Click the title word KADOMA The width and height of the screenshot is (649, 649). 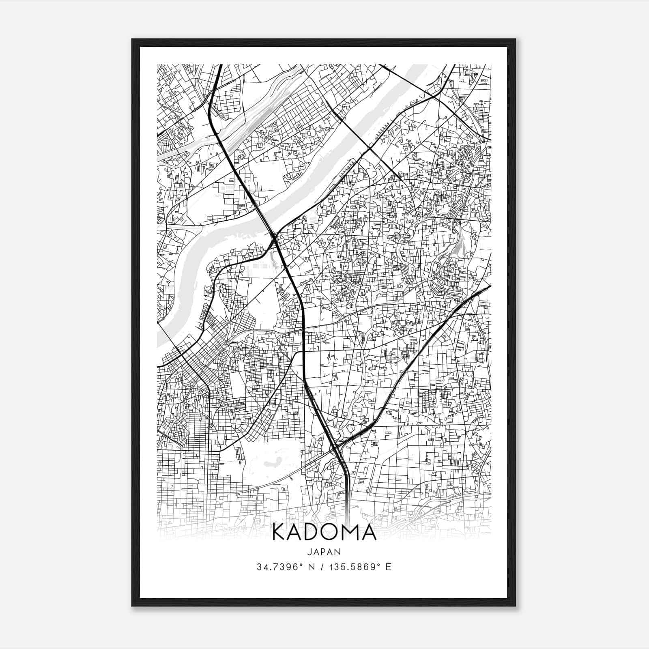click(x=324, y=533)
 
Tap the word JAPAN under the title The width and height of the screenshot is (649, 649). click(x=324, y=552)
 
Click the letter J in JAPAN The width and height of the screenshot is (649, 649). click(x=309, y=552)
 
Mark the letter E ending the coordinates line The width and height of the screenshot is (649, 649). click(x=389, y=567)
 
